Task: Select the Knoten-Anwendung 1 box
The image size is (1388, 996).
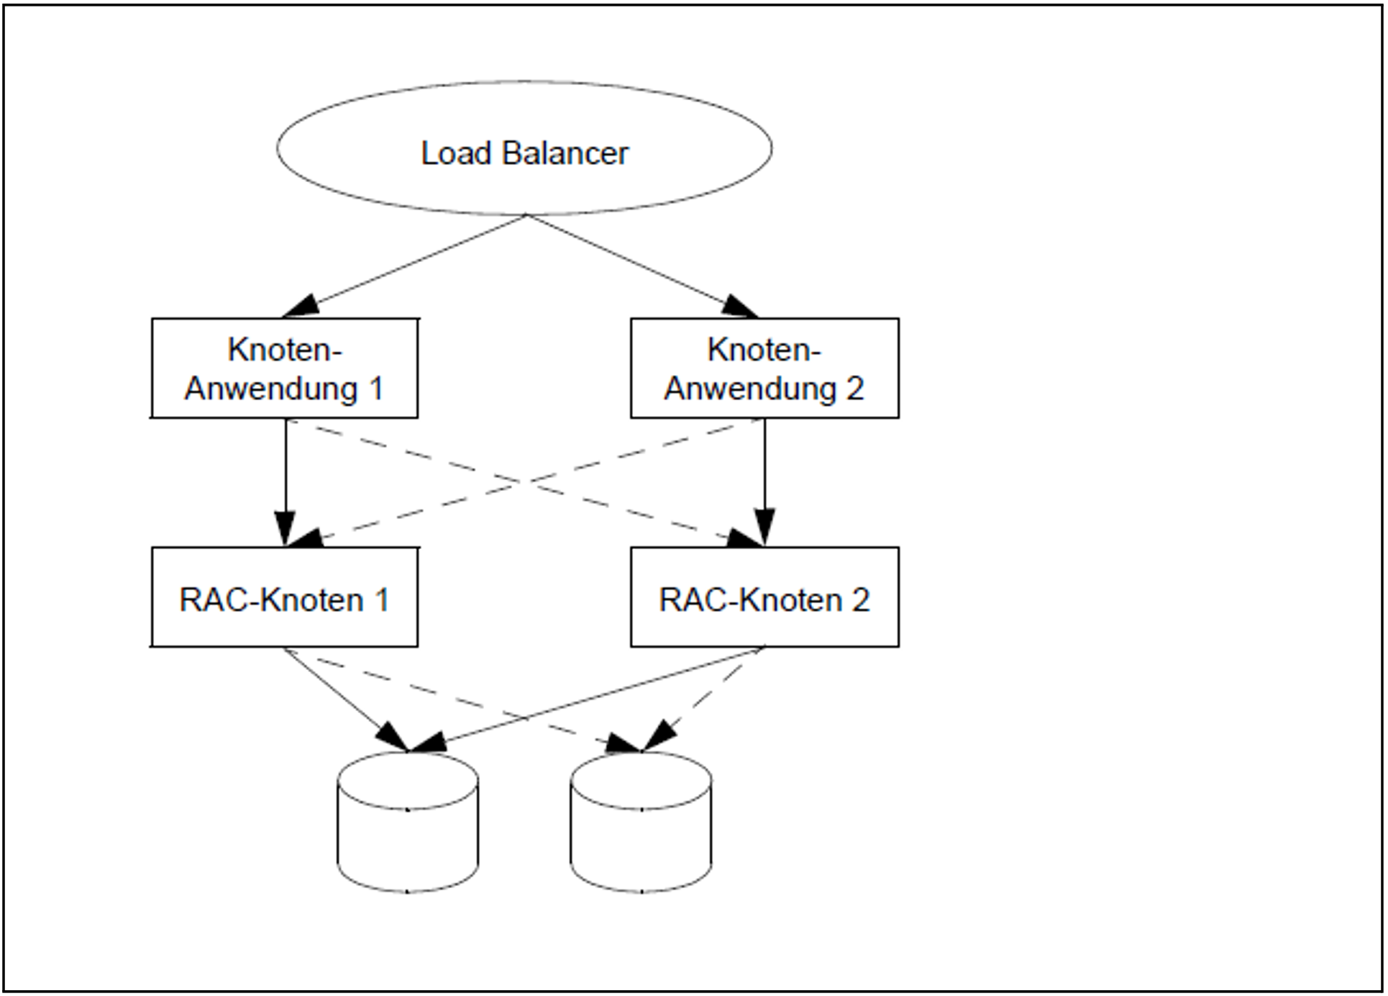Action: (285, 368)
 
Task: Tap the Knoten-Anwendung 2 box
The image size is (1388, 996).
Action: (764, 368)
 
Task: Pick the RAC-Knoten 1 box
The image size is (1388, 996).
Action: (285, 597)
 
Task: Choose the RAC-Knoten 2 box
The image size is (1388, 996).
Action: (764, 597)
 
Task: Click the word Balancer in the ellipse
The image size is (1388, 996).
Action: (565, 153)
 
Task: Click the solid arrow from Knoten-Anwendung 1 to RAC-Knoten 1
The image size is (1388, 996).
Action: (286, 475)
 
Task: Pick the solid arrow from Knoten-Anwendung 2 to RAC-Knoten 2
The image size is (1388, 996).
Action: (764, 475)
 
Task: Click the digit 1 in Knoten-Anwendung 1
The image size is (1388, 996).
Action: (375, 389)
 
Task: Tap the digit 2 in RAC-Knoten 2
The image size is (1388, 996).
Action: (860, 600)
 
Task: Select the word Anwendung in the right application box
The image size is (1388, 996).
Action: (750, 389)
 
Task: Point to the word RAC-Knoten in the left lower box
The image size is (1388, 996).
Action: (271, 600)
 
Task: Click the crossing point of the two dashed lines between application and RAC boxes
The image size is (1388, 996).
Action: (524, 482)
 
